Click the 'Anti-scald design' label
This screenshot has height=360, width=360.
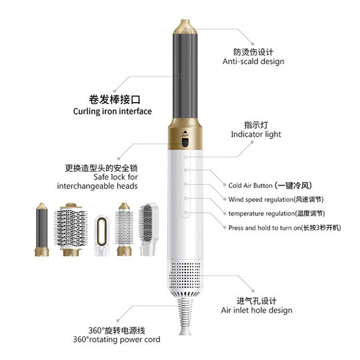(x=253, y=61)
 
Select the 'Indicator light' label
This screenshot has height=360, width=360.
(x=255, y=134)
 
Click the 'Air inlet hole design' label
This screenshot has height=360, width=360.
(x=257, y=310)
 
